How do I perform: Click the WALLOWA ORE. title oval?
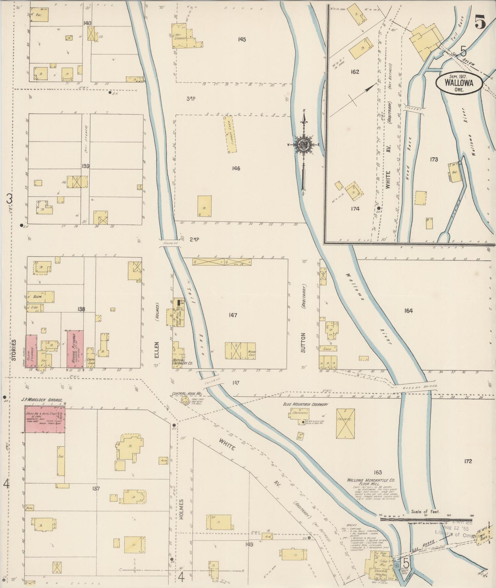click(x=459, y=83)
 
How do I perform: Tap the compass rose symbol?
click(x=304, y=144)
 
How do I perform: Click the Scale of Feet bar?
click(x=426, y=519)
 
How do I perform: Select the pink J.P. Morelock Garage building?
click(x=45, y=419)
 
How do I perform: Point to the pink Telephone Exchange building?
click(x=32, y=351)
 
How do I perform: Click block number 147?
click(x=233, y=315)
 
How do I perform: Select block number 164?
click(x=408, y=311)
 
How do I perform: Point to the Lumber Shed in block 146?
click(x=229, y=134)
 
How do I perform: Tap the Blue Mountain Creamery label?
click(x=305, y=404)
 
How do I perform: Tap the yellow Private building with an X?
click(x=346, y=423)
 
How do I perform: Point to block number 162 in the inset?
click(x=355, y=72)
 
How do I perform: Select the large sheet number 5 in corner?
click(x=480, y=23)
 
